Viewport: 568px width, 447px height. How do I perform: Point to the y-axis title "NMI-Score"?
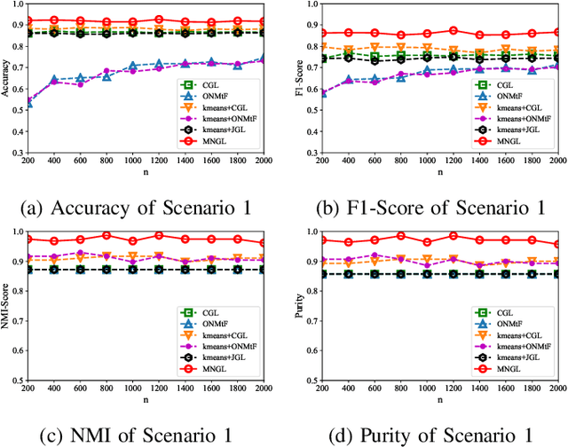click(8, 306)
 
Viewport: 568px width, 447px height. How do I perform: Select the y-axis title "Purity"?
click(292, 306)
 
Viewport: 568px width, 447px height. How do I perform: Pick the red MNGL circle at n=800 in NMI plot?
click(106, 236)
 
